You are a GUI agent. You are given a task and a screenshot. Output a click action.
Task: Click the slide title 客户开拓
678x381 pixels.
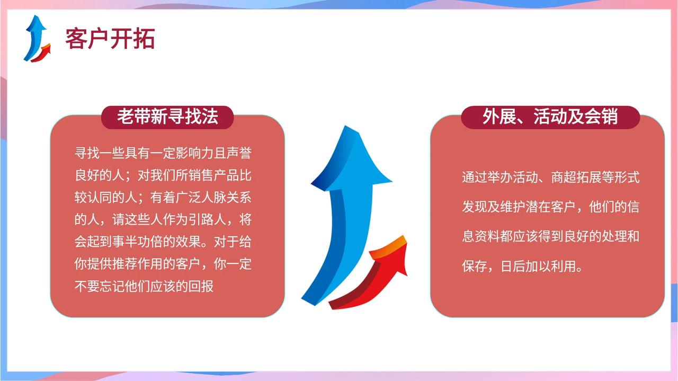[x=110, y=39]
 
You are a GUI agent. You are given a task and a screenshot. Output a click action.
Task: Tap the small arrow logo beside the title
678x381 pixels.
[x=37, y=39]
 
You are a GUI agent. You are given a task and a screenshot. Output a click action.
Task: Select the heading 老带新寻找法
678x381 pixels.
[x=167, y=117]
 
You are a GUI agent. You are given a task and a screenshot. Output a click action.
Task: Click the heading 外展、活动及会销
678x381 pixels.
[x=550, y=117]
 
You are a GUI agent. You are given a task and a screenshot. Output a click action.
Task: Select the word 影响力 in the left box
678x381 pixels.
[x=194, y=153]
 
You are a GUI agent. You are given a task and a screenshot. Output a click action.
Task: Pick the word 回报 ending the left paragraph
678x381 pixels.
[x=201, y=286]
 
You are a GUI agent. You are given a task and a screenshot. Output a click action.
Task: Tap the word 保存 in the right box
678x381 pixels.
[x=474, y=266]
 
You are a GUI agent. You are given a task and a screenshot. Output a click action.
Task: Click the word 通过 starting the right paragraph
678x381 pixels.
[x=474, y=177]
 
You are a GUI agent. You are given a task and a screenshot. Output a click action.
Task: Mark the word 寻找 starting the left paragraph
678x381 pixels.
[x=87, y=153]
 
